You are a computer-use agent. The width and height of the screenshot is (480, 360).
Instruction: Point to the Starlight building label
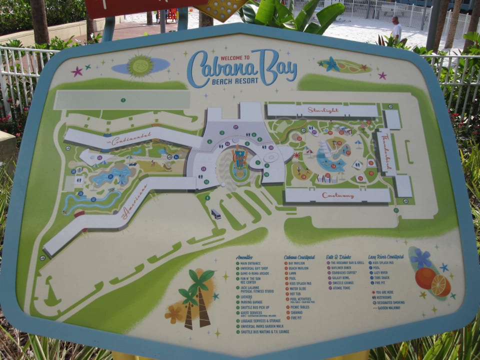coord(323,110)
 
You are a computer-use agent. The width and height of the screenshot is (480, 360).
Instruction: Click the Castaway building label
coord(338,195)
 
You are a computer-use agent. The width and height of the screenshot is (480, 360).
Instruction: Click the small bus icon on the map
coord(216,214)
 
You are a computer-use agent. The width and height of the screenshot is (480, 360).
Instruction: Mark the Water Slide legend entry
coord(298,288)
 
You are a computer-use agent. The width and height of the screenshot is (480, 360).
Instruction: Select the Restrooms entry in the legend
coord(387,297)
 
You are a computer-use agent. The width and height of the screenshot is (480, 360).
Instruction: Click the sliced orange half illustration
coord(440,285)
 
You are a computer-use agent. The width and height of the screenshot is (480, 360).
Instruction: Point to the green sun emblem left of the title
coord(140,65)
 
